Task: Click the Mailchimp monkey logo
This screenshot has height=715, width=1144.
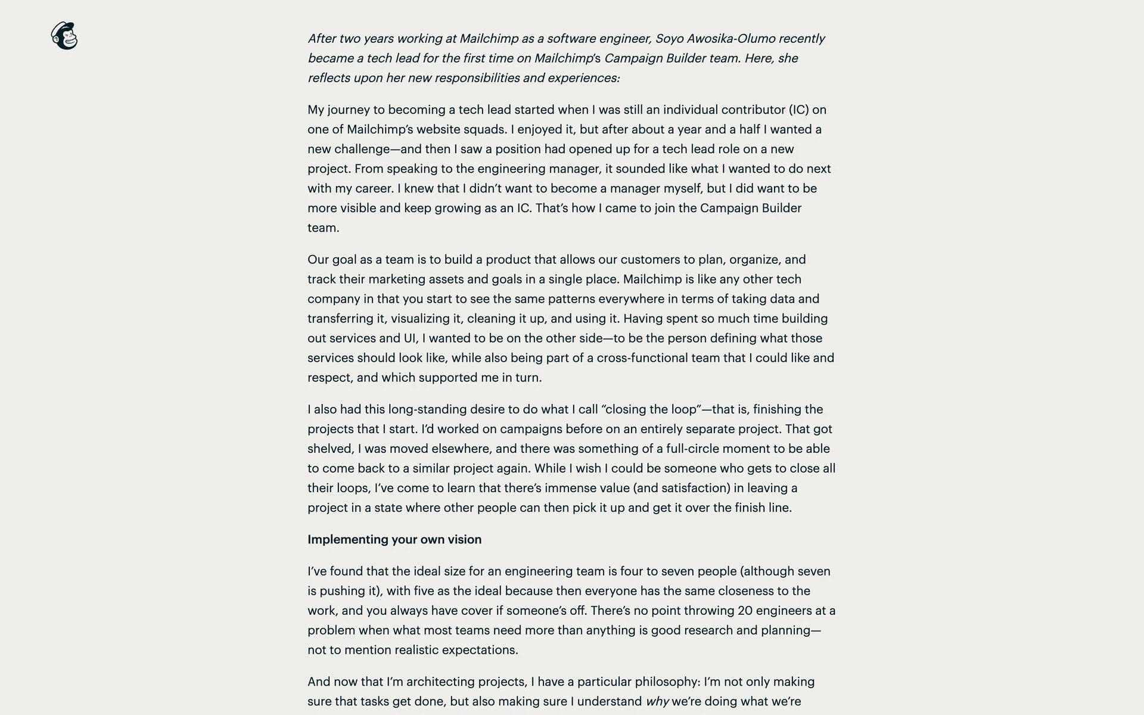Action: click(x=64, y=36)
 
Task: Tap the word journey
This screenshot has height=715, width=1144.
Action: click(x=349, y=110)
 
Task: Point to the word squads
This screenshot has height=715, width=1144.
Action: click(x=484, y=129)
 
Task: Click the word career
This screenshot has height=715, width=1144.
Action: click(x=374, y=188)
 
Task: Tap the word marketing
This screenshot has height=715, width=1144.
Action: click(x=396, y=279)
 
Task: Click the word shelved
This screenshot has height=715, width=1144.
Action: click(x=329, y=449)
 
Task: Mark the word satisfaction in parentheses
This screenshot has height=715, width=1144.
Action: click(x=692, y=488)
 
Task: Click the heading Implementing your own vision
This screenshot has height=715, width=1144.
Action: click(x=394, y=539)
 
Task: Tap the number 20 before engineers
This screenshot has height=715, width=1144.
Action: click(x=745, y=611)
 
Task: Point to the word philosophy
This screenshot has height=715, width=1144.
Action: click(x=666, y=682)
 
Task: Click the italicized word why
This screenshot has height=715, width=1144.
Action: click(x=657, y=701)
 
